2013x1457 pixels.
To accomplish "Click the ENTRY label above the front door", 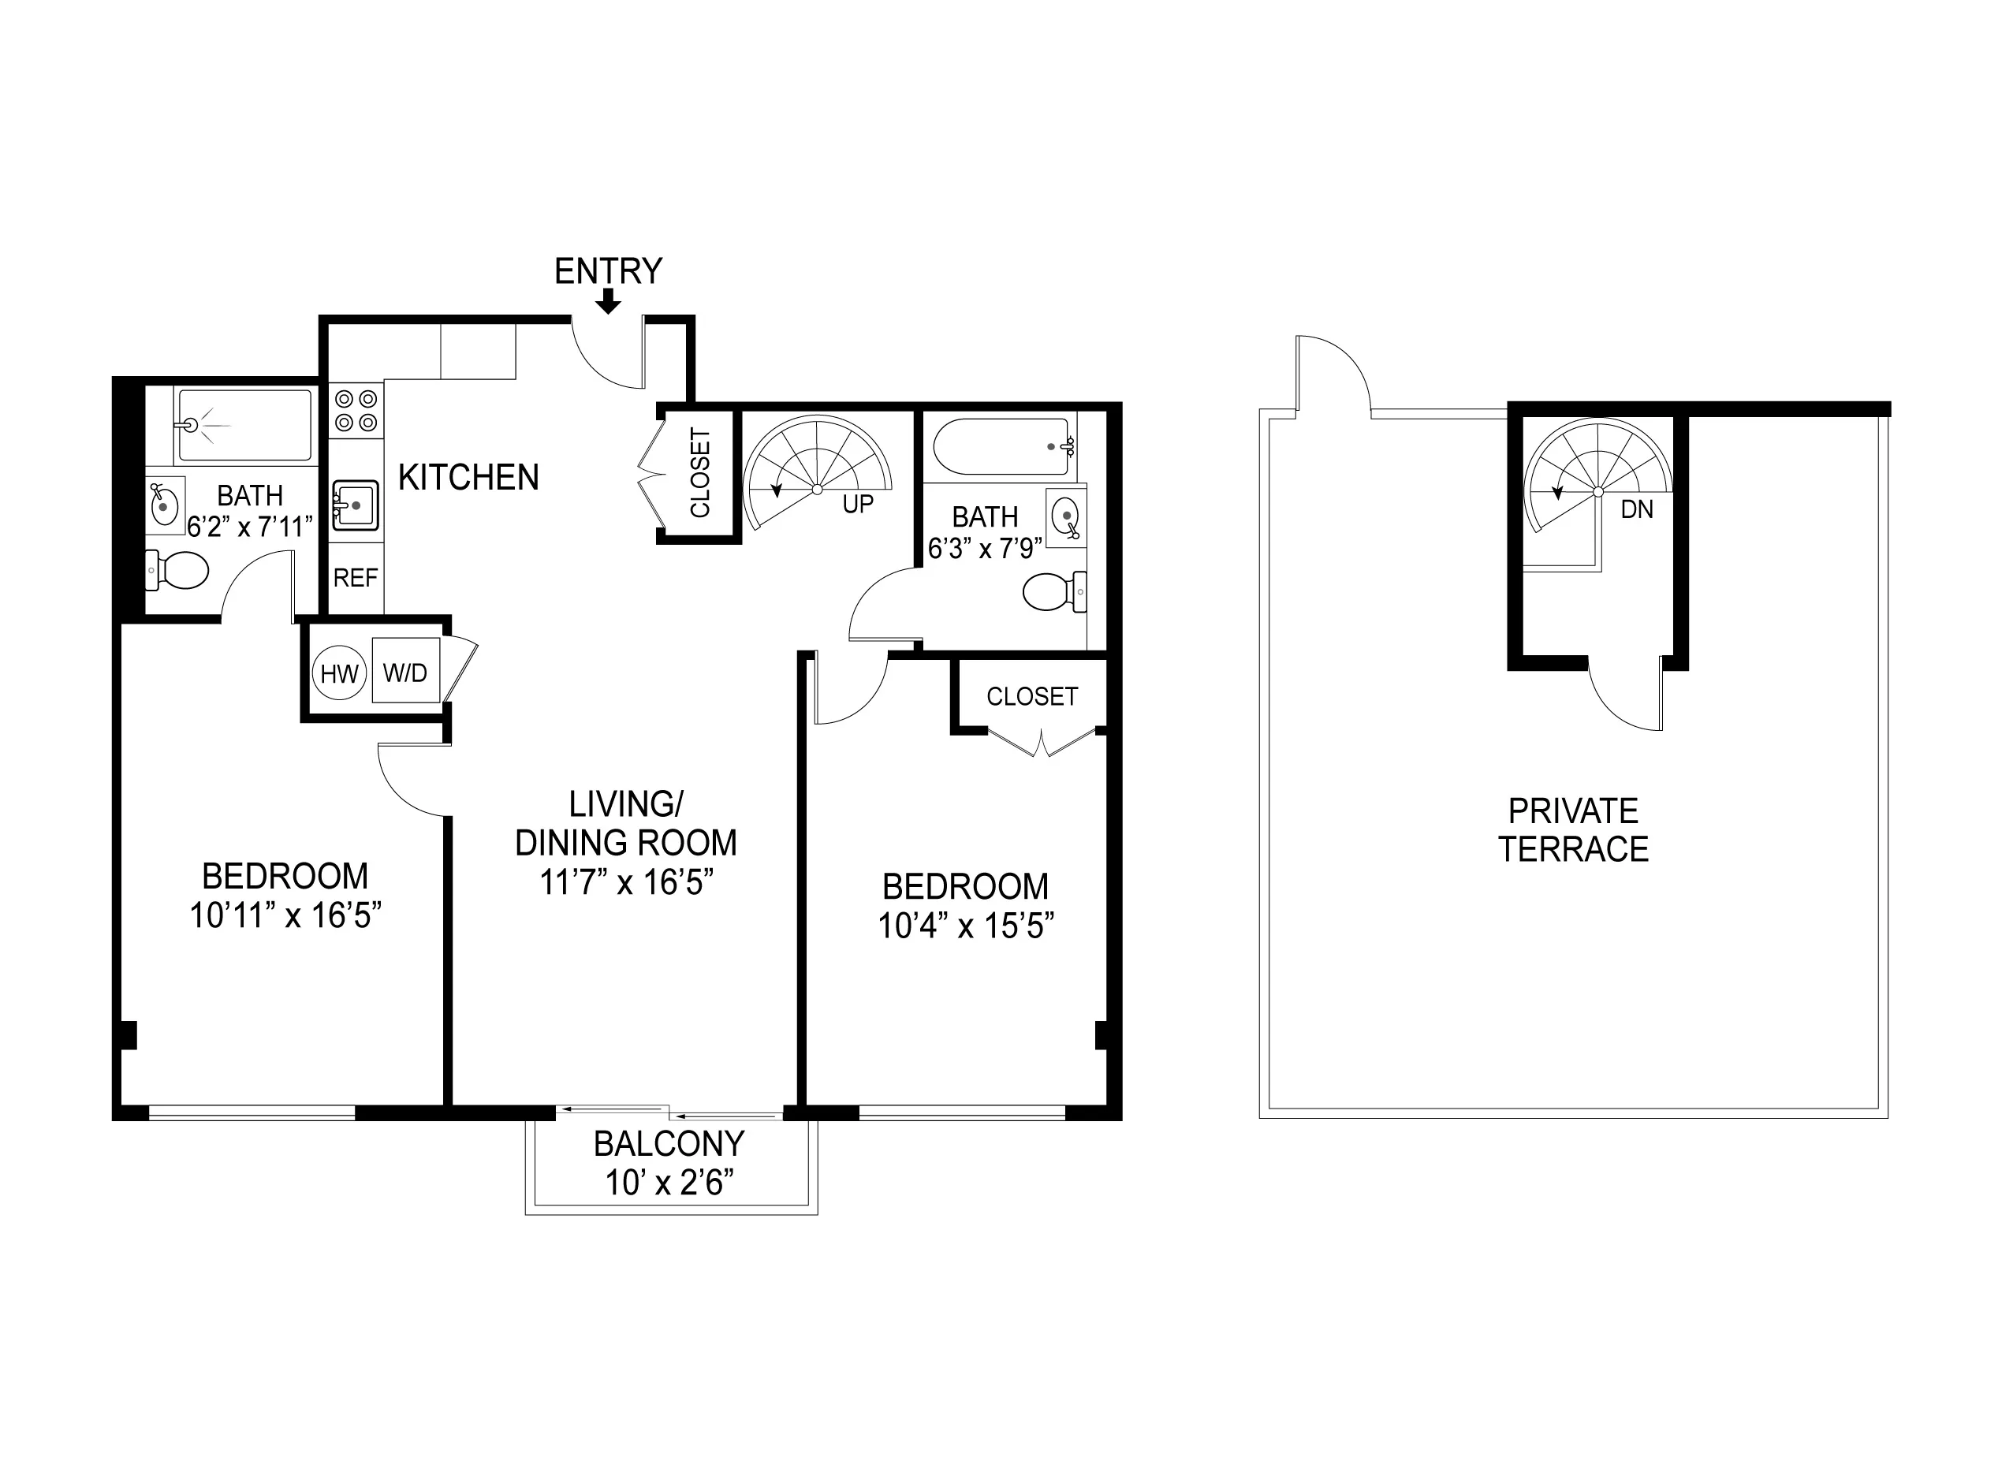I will click(x=608, y=270).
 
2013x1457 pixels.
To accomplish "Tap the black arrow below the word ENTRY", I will click(x=608, y=302).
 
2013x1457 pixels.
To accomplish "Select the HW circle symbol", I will click(x=339, y=673).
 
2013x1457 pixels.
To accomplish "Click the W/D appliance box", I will click(x=405, y=672).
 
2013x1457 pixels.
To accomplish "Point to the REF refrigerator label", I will click(x=355, y=579).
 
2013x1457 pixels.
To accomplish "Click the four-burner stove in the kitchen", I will click(x=356, y=411).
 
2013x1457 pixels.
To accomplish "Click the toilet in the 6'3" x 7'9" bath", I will click(x=1053, y=592).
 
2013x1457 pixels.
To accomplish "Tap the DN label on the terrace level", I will click(x=1637, y=510).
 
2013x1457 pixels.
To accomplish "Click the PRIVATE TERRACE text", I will click(x=1573, y=830).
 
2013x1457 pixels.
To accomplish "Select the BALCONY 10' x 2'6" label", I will click(x=669, y=1163).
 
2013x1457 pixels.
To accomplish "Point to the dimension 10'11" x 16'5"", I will click(x=285, y=915).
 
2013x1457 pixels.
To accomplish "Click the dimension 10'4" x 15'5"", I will click(x=966, y=926).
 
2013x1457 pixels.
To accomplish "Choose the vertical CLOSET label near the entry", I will click(x=700, y=473).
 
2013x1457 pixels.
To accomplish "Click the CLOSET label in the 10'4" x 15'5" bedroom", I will click(x=1031, y=696).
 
